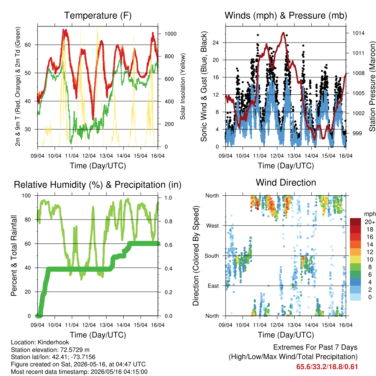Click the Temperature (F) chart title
pos(98,15)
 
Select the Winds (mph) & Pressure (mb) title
pos(286,15)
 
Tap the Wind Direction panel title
pos(286,182)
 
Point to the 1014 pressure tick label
pos(358,33)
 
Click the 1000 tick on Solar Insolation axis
pos(170,34)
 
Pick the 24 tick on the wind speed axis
pos(216,43)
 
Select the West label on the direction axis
pos(213,226)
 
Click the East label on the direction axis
pos(213,286)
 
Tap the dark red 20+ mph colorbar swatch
pos(355,222)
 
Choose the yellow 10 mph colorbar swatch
pos(355,260)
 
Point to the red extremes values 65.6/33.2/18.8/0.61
pos(327,367)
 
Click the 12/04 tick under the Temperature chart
pos(89,156)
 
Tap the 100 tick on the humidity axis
pos(26,195)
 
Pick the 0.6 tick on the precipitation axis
pos(168,245)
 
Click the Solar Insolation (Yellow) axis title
pos(183,86)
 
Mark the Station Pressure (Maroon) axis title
pos(372,86)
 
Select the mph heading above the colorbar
pos(369,214)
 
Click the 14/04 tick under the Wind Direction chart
pos(311,325)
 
